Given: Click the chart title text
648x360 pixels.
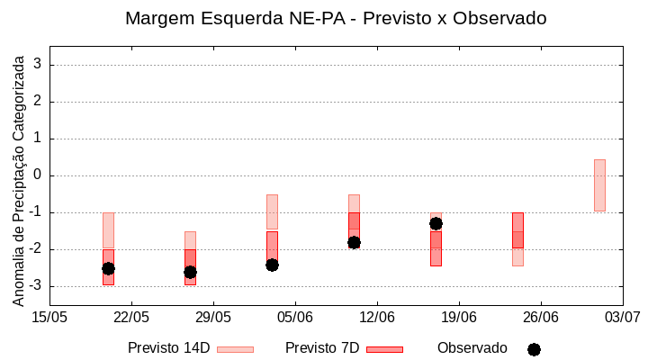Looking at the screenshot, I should click(x=335, y=18).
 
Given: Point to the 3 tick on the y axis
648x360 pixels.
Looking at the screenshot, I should click(x=39, y=65).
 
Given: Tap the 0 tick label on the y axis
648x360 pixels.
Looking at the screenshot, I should click(x=39, y=175).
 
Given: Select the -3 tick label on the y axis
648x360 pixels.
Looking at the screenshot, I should click(x=35, y=286).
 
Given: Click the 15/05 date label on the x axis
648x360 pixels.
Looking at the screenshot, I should click(x=49, y=317).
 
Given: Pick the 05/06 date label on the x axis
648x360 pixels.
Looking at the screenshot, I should click(x=294, y=317).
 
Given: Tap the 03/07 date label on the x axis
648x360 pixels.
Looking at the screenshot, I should click(x=622, y=317).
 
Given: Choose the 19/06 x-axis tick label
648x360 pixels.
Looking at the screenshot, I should click(x=458, y=317).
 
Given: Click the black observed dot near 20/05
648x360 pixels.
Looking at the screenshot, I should click(x=108, y=268).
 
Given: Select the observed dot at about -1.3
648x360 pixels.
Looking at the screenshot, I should click(x=436, y=223).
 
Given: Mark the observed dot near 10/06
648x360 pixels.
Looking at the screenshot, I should click(x=354, y=242).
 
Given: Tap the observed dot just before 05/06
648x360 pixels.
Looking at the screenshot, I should click(x=272, y=265).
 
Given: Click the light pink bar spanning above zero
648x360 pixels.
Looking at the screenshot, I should click(x=599, y=184).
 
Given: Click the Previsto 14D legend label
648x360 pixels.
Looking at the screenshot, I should click(x=168, y=348).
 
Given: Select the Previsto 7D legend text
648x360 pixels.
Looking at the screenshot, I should click(x=321, y=348).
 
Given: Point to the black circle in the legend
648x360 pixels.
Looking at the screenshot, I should click(x=534, y=349).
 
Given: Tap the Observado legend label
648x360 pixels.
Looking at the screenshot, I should click(x=472, y=348).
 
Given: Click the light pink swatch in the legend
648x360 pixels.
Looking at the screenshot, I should click(x=235, y=349).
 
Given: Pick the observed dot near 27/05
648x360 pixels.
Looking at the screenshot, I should click(x=190, y=272).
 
